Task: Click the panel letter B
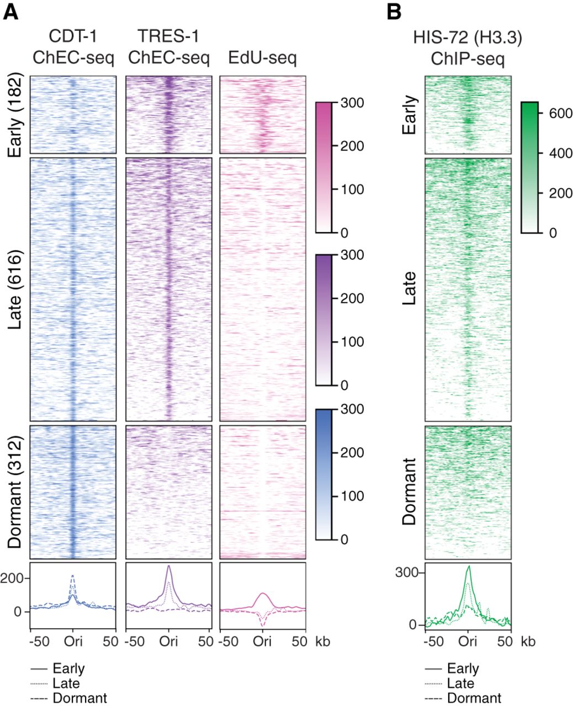394,12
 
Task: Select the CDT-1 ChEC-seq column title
73,47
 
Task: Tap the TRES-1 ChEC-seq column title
168,47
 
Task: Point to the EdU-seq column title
262,57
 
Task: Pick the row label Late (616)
15,290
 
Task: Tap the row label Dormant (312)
15,493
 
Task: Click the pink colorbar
323,167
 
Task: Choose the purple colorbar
323,320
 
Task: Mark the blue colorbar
323,474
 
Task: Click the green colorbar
529,167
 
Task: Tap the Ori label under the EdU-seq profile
262,641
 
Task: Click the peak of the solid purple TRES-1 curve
168,566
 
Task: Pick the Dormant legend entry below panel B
474,698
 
